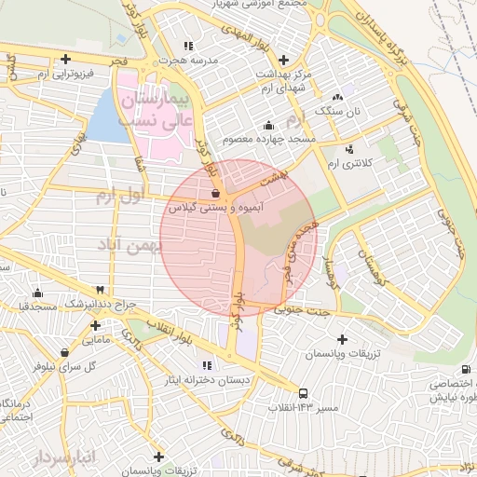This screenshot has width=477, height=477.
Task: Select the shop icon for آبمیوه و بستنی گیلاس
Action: coord(215,194)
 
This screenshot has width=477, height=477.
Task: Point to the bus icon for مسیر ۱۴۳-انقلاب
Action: coord(305,394)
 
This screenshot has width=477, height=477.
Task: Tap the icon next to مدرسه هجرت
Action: coord(189,45)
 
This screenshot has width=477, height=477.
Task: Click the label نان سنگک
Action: coord(336,110)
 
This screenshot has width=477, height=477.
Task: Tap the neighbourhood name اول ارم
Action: coord(118,197)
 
